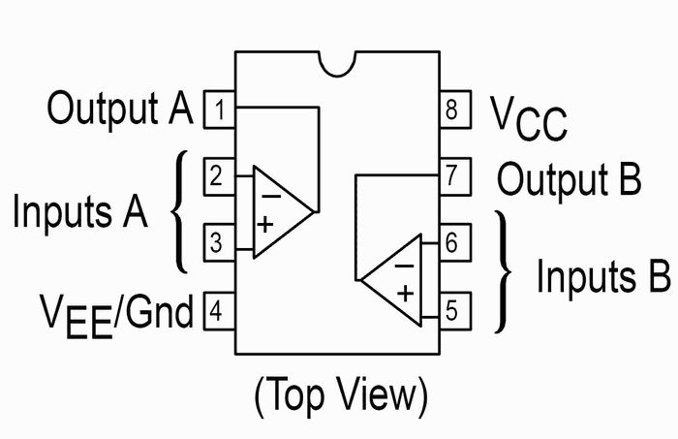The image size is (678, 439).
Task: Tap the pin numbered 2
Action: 218,177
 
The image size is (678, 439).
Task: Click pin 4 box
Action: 218,313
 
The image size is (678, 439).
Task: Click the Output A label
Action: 120,109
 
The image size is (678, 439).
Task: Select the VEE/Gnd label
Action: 116,313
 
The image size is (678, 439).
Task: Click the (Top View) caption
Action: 340,394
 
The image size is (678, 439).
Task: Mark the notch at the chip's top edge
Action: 340,62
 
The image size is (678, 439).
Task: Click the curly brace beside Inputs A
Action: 179,211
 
